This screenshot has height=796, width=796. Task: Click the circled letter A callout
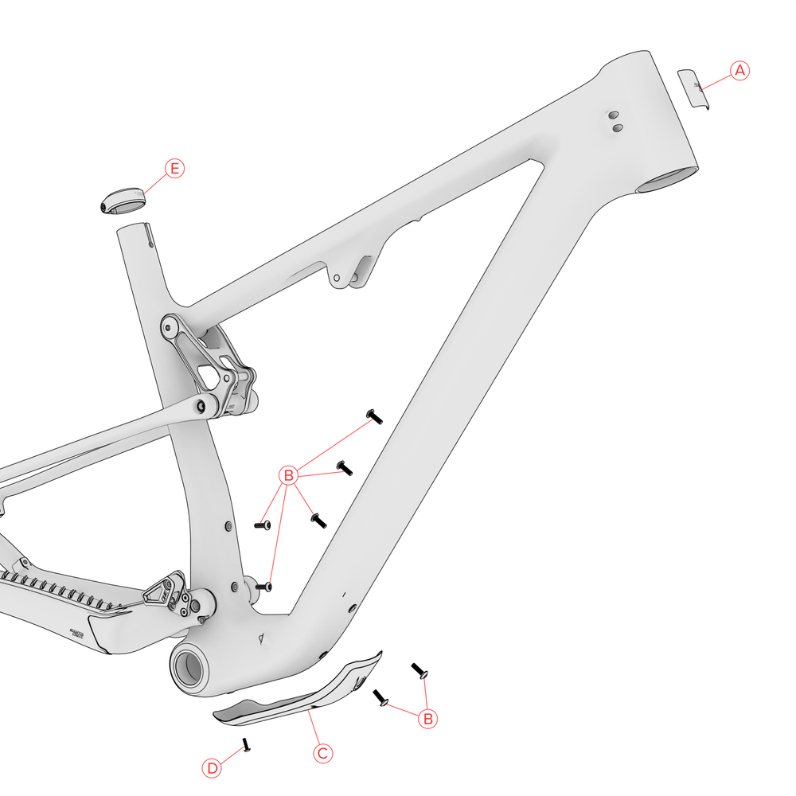(739, 70)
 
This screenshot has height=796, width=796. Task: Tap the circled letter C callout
(322, 752)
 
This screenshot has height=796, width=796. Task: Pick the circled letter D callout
(212, 768)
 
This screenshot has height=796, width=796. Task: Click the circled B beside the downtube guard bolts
(428, 718)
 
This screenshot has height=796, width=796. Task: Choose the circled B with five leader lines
(289, 476)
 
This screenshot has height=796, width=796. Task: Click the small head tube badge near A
(693, 89)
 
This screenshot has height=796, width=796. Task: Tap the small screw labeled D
(246, 745)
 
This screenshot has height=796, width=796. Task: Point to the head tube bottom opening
(669, 181)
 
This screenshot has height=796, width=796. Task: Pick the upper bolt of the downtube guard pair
(419, 670)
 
